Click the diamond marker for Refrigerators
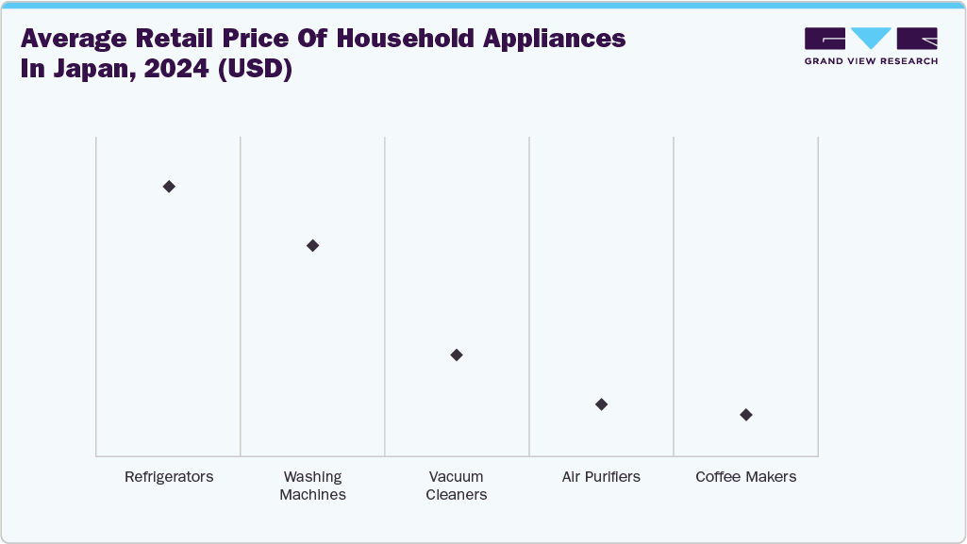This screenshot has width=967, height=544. pos(169,186)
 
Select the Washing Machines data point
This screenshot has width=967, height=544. pos(312,245)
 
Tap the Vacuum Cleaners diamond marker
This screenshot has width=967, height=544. pos(457,354)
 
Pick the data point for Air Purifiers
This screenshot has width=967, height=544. pos(601,404)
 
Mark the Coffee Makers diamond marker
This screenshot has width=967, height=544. pos(746,415)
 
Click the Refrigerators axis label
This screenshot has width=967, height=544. pos(169,477)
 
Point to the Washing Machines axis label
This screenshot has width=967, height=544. pos(312,486)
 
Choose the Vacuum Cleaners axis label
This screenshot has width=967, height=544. pos(457,486)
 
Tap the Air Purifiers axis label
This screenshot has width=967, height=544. pos(601,477)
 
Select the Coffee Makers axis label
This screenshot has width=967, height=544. pos(746,477)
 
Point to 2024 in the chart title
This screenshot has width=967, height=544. pos(177,69)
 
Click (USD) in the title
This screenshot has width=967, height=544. pos(255,69)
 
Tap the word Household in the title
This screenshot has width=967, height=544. pos(406,39)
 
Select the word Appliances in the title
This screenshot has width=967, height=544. pos(555,40)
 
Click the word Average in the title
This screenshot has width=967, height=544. pos(74,40)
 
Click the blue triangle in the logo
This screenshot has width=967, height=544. pos(871,38)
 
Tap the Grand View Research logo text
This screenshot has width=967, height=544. pos(871,61)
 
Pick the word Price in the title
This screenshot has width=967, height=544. pos(256,39)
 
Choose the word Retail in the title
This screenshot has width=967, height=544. pos(175,39)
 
